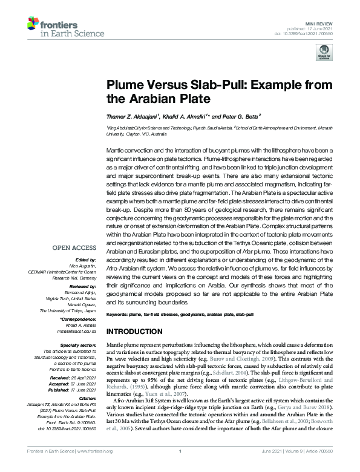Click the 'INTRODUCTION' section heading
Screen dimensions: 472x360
137,332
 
